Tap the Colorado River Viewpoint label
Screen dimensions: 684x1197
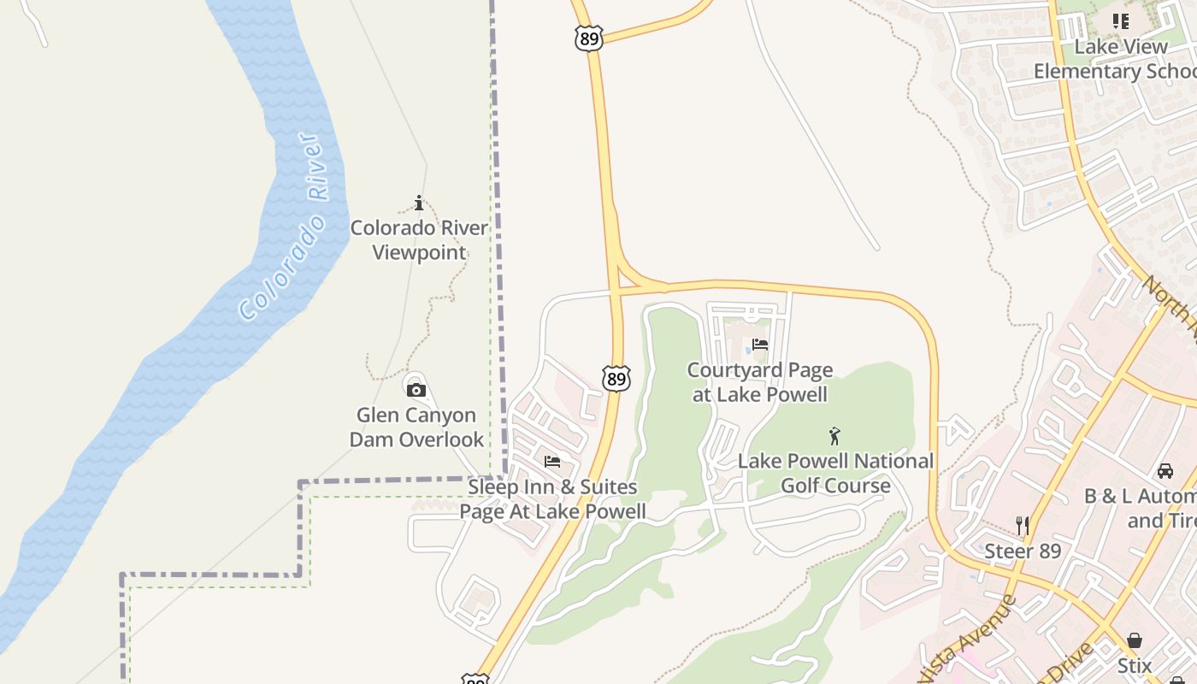click(x=419, y=240)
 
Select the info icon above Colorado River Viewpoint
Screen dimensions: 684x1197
click(x=419, y=203)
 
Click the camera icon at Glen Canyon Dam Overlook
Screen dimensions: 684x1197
click(x=416, y=390)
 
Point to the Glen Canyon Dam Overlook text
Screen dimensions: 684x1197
click(x=417, y=427)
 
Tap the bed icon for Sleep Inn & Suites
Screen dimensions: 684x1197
click(x=552, y=462)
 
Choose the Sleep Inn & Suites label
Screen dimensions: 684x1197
click(x=552, y=499)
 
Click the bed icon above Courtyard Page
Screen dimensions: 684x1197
click(x=759, y=345)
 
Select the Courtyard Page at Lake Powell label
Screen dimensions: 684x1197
click(x=759, y=382)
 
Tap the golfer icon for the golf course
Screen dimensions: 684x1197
click(x=834, y=436)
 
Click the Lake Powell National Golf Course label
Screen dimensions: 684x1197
click(x=835, y=474)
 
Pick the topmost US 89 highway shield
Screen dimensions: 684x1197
click(x=589, y=38)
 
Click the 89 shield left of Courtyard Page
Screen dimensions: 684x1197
click(x=616, y=378)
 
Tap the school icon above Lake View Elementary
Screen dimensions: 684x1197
click(x=1120, y=21)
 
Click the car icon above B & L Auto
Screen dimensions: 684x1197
click(x=1165, y=470)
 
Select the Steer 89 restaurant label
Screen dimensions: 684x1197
click(x=1023, y=551)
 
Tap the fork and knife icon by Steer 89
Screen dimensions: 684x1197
click(x=1022, y=525)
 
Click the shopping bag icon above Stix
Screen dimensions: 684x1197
click(x=1135, y=640)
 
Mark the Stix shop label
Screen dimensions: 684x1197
click(x=1135, y=665)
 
